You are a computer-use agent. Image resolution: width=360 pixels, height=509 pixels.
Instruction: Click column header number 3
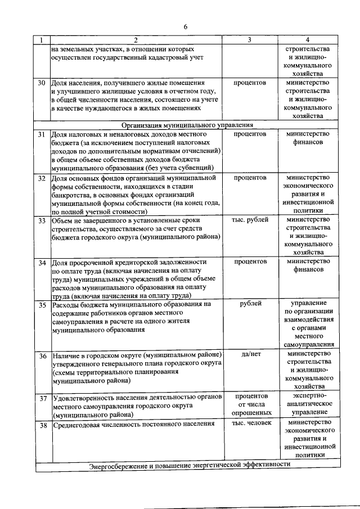[249, 40]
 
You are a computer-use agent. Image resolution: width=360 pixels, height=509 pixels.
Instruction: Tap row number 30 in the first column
[42, 83]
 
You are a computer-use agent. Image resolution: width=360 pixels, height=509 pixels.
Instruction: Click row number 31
[42, 135]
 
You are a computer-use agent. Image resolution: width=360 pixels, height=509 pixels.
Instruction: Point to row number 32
[42, 178]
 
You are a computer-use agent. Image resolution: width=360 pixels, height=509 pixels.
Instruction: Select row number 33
[42, 221]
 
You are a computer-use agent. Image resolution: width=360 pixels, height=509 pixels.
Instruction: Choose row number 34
[42, 263]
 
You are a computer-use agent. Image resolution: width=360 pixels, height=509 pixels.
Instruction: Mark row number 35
[42, 305]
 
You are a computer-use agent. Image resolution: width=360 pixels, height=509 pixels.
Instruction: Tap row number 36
[42, 356]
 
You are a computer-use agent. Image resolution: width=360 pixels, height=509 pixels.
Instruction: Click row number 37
[42, 398]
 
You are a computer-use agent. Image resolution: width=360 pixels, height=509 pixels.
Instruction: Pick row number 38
[42, 425]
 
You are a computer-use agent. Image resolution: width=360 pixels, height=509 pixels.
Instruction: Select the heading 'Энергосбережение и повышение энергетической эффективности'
[190, 465]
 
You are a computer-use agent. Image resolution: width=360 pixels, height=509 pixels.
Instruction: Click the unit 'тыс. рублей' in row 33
[249, 220]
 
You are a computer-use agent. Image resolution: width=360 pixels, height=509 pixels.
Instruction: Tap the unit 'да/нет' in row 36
[249, 355]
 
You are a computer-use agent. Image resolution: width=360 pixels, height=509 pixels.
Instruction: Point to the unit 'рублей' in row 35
[249, 304]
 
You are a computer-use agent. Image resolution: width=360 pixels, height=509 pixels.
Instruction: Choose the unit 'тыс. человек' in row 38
[249, 424]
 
